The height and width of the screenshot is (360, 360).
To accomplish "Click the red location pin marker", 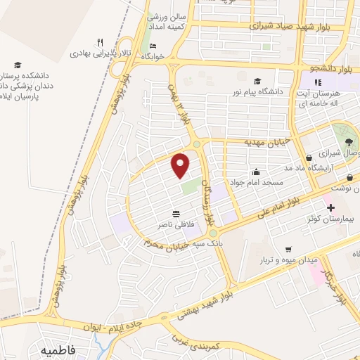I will tap(181, 165).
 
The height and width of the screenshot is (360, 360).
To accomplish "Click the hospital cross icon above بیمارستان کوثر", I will tap(330, 208).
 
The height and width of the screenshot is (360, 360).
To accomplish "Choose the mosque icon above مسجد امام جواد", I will tap(257, 171).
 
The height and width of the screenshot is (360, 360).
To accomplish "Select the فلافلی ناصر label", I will tap(175, 226).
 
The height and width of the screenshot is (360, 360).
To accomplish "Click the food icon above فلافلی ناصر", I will tap(175, 214).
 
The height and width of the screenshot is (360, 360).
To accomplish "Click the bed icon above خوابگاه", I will tap(153, 46).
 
